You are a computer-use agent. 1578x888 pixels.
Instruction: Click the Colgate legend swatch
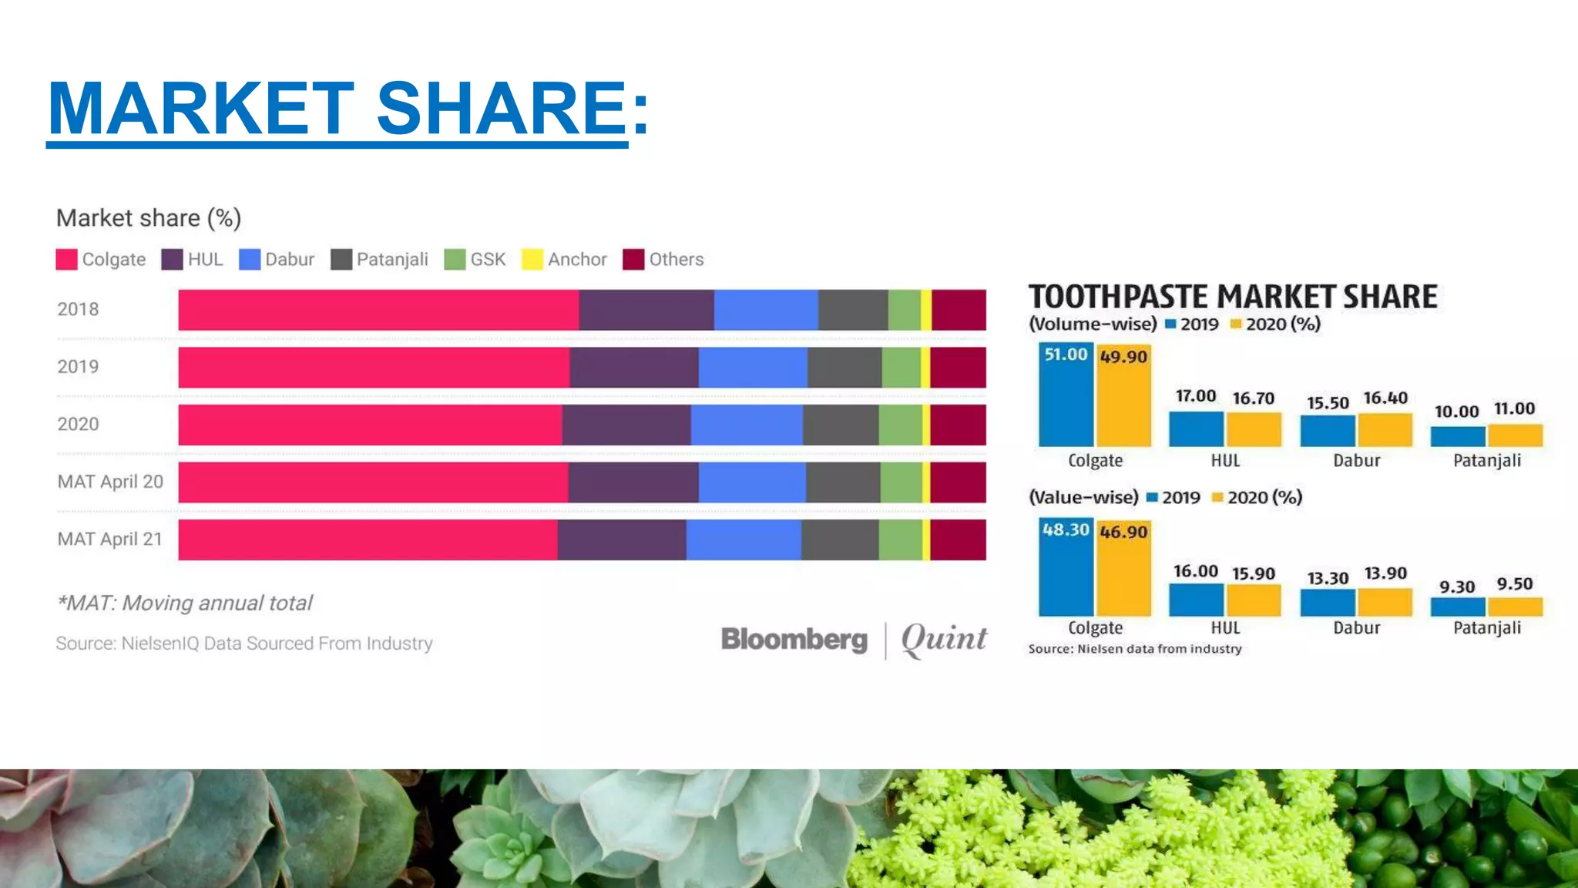(66, 260)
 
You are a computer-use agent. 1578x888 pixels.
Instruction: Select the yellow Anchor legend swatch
(532, 260)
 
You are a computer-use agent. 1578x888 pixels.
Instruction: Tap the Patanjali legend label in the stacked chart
(391, 260)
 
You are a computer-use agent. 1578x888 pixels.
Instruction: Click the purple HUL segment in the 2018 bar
(646, 310)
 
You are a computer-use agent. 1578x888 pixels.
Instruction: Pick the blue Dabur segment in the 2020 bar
(746, 425)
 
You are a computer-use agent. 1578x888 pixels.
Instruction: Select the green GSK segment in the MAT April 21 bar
(900, 540)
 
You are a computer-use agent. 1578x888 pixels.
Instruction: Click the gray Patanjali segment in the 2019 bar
(844, 368)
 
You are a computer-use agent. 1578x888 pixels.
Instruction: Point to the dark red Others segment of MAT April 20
(958, 483)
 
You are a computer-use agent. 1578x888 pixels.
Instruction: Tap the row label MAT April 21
(110, 539)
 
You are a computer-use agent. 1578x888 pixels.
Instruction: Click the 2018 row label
(78, 309)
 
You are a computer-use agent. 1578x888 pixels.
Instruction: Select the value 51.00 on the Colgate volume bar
(1066, 355)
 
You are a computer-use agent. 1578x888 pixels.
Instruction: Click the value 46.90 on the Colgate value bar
(1123, 532)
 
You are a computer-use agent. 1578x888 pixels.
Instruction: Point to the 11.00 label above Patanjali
(1514, 409)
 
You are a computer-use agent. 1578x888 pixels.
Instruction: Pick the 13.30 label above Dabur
(1328, 578)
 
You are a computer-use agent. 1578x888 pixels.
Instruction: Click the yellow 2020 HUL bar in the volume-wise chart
(1254, 429)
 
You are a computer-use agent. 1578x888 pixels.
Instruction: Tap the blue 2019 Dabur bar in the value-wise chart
(1328, 602)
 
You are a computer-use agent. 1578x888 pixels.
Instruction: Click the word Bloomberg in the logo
(794, 640)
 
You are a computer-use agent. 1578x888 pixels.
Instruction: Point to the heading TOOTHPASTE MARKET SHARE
(1233, 297)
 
